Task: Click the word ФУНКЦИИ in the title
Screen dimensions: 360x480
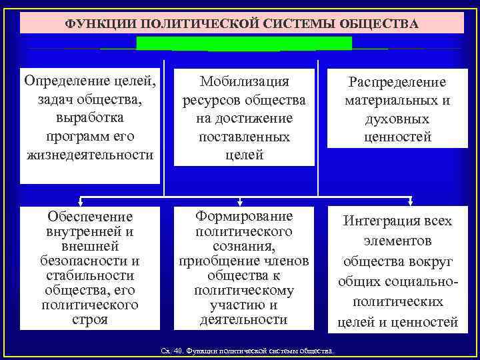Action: coord(94,25)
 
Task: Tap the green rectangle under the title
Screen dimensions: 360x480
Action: coord(244,43)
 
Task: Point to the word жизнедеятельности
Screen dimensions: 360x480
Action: coord(91,155)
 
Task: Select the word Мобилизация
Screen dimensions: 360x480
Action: coord(244,81)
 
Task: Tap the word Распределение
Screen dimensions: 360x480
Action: coord(397,82)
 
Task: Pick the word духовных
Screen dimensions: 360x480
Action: coord(397,119)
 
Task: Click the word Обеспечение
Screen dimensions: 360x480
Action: coord(90,217)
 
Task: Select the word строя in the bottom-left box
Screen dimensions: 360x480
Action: coord(90,319)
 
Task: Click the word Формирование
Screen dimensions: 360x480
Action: coord(244,217)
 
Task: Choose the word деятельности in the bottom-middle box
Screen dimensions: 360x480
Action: coord(244,319)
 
